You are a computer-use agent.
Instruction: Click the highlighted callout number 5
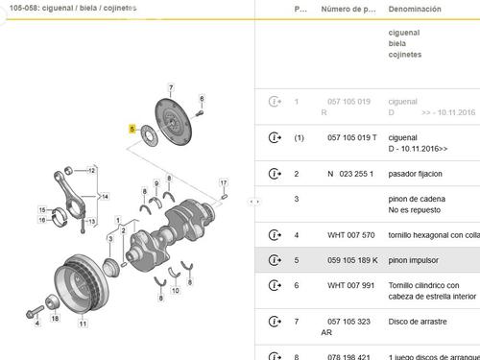click(133, 128)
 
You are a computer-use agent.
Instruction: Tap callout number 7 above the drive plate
click(170, 87)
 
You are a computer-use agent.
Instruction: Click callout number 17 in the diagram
click(223, 182)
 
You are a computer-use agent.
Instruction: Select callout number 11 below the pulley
click(83, 324)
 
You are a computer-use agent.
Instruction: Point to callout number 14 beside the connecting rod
click(105, 196)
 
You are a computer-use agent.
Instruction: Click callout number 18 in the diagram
click(55, 318)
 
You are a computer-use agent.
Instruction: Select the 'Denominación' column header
click(414, 9)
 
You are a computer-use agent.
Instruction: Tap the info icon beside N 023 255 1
click(276, 174)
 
